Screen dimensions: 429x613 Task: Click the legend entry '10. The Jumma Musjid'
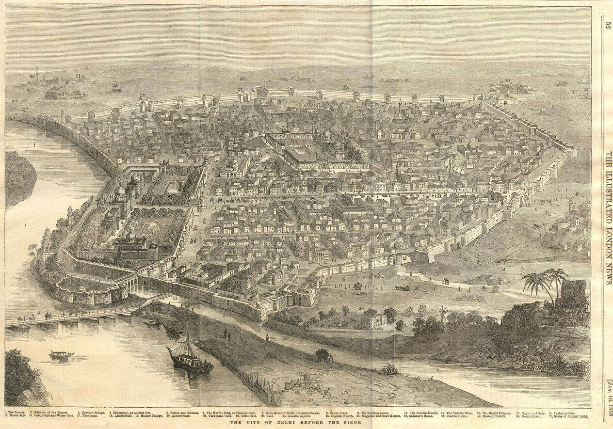click(x=423, y=412)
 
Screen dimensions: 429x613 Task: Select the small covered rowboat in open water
click(x=61, y=355)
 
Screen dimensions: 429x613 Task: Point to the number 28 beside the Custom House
click(x=361, y=308)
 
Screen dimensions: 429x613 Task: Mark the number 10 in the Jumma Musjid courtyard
click(x=308, y=145)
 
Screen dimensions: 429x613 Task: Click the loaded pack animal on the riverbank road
click(x=322, y=356)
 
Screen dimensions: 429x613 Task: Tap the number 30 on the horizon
click(x=32, y=76)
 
